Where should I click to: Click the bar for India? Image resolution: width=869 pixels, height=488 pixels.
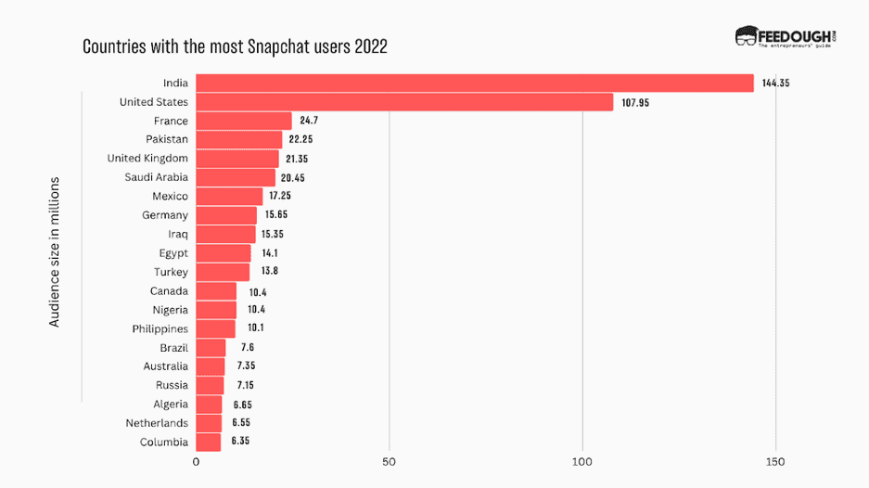474,83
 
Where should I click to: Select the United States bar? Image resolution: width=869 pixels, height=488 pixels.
404,102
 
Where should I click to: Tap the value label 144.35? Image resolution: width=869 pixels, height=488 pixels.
775,83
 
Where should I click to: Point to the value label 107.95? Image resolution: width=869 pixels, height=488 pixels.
635,102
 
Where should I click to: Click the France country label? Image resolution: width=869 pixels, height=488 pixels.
171,121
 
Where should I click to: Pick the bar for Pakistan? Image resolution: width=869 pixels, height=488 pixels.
238,140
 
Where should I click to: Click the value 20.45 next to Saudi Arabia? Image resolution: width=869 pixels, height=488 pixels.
297,178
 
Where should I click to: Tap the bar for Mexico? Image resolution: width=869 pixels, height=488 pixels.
229,197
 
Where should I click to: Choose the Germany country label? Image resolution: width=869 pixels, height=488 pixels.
165,215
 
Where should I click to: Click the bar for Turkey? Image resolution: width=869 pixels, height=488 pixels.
223,272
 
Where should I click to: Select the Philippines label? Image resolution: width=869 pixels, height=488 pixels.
160,328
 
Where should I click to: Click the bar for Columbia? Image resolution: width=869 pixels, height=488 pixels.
208,443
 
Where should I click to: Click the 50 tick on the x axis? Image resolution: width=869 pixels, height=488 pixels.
389,461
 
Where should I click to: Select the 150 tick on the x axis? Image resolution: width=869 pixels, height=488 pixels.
775,461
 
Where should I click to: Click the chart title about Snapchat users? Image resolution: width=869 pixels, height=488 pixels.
235,45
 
